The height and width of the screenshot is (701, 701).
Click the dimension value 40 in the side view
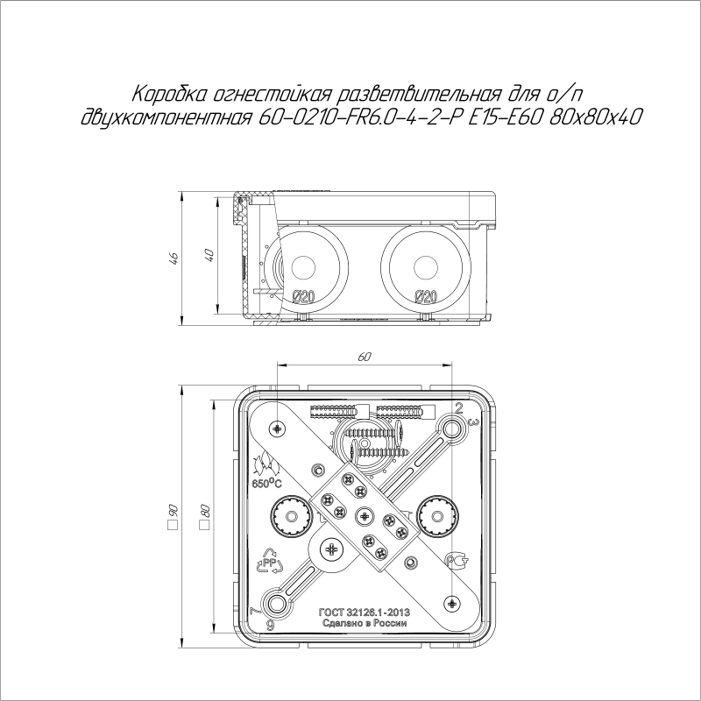[x=209, y=255]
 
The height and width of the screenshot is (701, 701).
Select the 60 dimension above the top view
[x=364, y=358]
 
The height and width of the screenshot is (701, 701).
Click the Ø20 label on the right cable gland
[x=425, y=296]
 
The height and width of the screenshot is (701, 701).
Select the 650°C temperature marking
[x=266, y=483]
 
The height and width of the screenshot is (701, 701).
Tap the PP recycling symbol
[x=265, y=560]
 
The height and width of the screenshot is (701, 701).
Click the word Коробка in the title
[x=166, y=94]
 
